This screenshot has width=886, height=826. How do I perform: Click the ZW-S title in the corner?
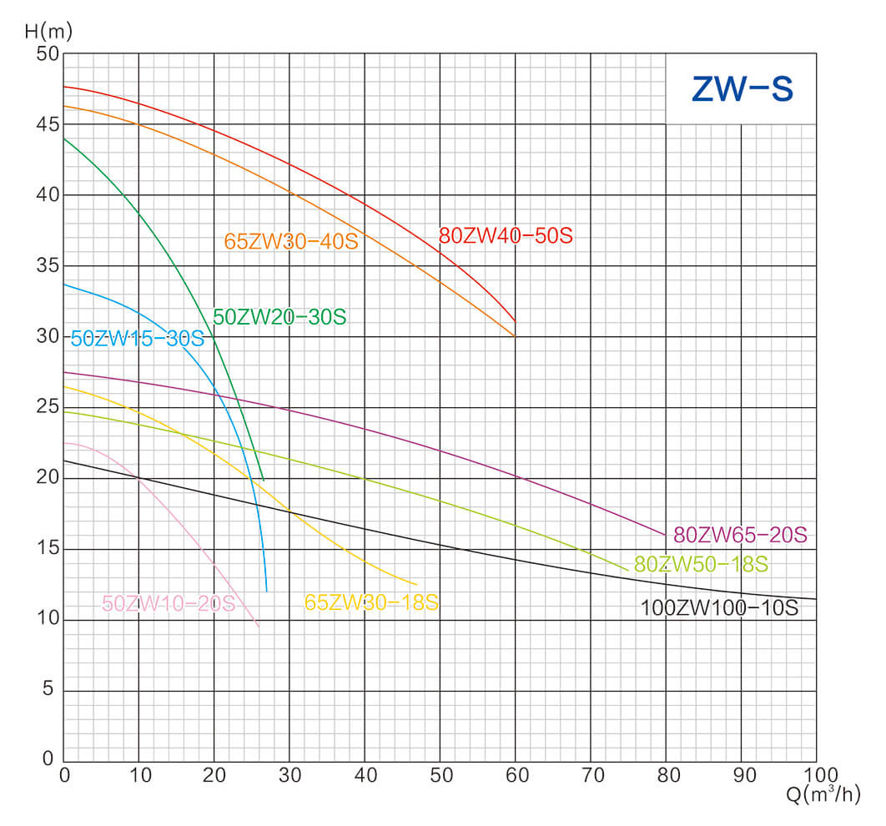pos(742,88)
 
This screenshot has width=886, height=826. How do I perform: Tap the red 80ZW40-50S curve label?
pos(506,236)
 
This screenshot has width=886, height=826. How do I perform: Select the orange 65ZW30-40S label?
pos(290,242)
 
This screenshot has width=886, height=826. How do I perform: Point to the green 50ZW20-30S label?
pos(279,318)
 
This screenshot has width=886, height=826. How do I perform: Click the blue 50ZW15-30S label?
pos(138,340)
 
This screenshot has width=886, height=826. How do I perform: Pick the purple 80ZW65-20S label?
pos(741,535)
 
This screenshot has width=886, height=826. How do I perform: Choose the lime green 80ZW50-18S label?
pos(701,565)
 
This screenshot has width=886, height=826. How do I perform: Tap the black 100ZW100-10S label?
pos(719,608)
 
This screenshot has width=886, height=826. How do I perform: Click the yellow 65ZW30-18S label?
pos(371,602)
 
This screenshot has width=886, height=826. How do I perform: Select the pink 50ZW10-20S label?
pos(169,603)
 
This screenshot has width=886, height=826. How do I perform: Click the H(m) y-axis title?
pos(48,33)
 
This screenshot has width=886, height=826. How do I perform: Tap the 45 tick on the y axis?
pos(48,124)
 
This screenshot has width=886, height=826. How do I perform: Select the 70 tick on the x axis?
pos(591,774)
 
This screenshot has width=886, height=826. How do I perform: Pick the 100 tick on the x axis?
pos(815,774)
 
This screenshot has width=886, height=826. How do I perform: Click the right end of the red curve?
pos(516,321)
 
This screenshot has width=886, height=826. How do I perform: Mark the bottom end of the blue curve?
pos(267,591)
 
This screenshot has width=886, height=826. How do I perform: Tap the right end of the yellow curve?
pos(415,584)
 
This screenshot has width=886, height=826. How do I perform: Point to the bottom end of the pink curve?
pos(259,626)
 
